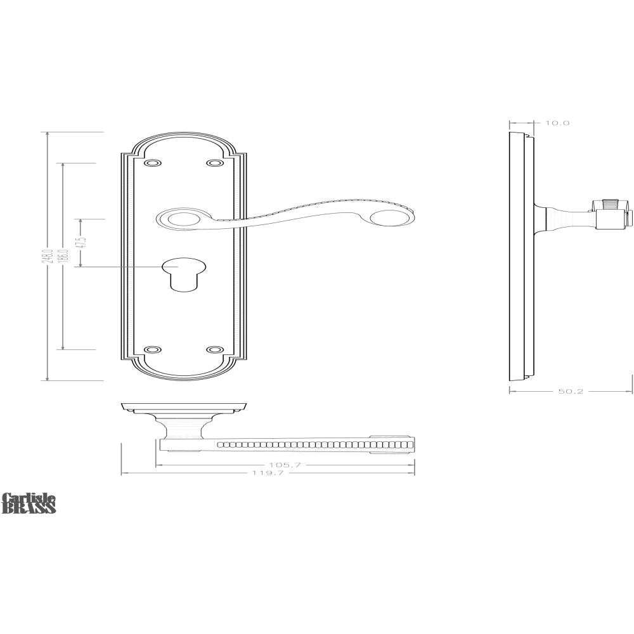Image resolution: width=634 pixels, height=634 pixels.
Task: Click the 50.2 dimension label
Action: point(571,392)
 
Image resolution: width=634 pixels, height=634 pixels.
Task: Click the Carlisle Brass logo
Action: point(29,503)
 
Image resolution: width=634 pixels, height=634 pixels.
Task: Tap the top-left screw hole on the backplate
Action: point(152,164)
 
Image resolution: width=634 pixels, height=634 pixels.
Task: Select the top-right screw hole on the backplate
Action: point(216,164)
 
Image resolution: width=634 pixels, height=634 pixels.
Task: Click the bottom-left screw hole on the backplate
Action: point(152,349)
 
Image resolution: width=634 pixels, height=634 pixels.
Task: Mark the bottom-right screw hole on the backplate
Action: point(216,349)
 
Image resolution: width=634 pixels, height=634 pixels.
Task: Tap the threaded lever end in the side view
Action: point(611,206)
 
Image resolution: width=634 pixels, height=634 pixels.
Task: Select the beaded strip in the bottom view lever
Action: point(314,444)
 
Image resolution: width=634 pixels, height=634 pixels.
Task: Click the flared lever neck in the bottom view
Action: point(183,428)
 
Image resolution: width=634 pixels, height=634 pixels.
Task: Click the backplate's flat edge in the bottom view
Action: point(184,405)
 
